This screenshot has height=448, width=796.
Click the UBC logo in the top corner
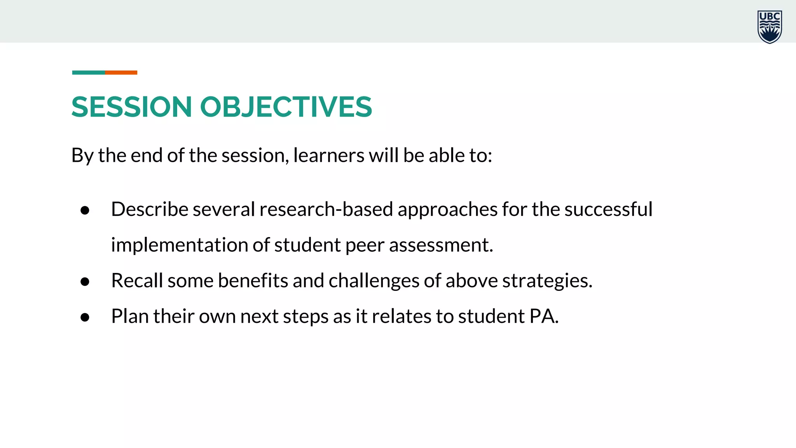tap(769, 27)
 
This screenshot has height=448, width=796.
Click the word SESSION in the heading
tap(131, 107)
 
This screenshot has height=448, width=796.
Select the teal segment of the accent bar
tap(88, 73)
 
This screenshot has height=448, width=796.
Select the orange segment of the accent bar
tap(121, 73)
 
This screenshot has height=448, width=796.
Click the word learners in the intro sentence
tap(328, 156)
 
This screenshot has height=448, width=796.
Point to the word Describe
tap(150, 209)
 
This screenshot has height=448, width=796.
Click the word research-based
tap(326, 209)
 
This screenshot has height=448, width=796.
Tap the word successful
tap(608, 209)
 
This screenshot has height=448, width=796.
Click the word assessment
tap(441, 245)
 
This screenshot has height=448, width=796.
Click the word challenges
tap(374, 281)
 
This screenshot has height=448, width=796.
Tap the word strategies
tap(547, 281)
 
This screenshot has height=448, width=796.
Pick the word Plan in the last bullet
tap(130, 316)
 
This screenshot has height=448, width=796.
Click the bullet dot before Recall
tap(85, 282)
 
